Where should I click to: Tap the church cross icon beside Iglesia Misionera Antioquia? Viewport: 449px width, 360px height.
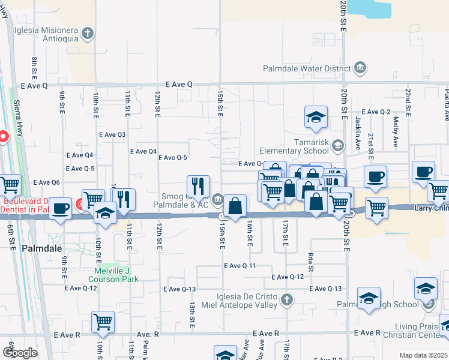pyautogui.click(x=88, y=33)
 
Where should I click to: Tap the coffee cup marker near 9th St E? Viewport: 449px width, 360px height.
pyautogui.click(x=60, y=208)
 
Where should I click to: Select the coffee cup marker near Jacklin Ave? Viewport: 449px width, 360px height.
pyautogui.click(x=376, y=177)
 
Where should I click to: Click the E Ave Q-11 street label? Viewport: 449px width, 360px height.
pyautogui.click(x=240, y=266)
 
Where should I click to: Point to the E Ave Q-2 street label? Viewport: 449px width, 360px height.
pyautogui.click(x=376, y=112)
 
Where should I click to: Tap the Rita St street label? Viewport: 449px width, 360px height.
pyautogui.click(x=311, y=258)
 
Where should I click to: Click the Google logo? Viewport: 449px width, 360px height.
pyautogui.click(x=20, y=353)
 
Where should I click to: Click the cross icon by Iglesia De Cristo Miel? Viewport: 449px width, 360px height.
pyautogui.click(x=287, y=299)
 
